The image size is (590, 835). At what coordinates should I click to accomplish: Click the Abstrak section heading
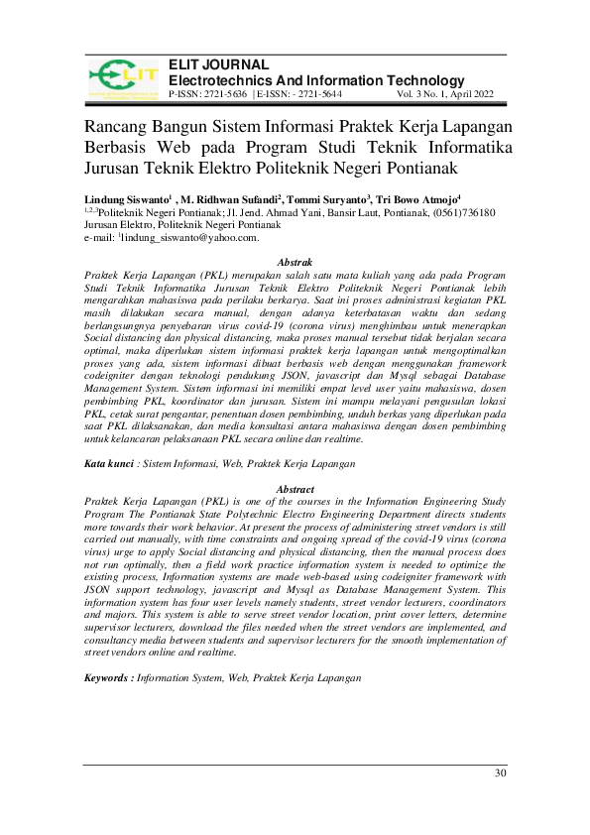tap(295, 261)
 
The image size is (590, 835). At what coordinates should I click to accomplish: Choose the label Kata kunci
tap(108, 463)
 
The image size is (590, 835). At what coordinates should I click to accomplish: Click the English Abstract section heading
tap(295, 490)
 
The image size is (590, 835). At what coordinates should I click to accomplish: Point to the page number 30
tap(500, 774)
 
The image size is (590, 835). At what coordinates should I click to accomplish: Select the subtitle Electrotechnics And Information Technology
tap(316, 80)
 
